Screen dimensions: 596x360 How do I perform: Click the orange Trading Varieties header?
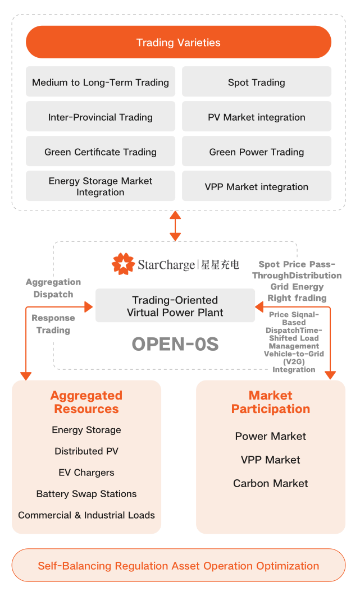[179, 42]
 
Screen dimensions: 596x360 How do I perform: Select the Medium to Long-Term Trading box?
[101, 82]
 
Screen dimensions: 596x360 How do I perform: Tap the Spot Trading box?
[257, 82]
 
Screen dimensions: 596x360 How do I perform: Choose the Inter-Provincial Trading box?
[101, 117]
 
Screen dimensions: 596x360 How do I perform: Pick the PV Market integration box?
[257, 117]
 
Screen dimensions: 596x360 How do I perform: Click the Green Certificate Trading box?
[101, 152]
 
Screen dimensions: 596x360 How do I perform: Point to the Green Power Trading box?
[257, 152]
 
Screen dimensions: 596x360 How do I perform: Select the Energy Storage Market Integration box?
[101, 186]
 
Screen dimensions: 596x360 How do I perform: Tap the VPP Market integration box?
[257, 186]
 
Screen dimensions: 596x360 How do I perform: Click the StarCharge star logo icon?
[122, 264]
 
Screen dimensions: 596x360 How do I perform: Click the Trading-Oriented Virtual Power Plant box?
[175, 306]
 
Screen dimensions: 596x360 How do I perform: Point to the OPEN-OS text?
[175, 344]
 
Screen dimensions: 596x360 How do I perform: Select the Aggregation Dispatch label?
[53, 288]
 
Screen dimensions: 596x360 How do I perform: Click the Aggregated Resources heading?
[86, 402]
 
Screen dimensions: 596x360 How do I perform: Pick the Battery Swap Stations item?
[86, 494]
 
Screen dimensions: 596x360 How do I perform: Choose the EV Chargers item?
[86, 473]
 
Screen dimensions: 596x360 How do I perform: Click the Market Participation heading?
[271, 402]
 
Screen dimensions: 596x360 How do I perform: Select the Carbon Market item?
[271, 483]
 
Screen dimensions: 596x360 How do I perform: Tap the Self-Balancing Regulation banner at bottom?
[179, 566]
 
